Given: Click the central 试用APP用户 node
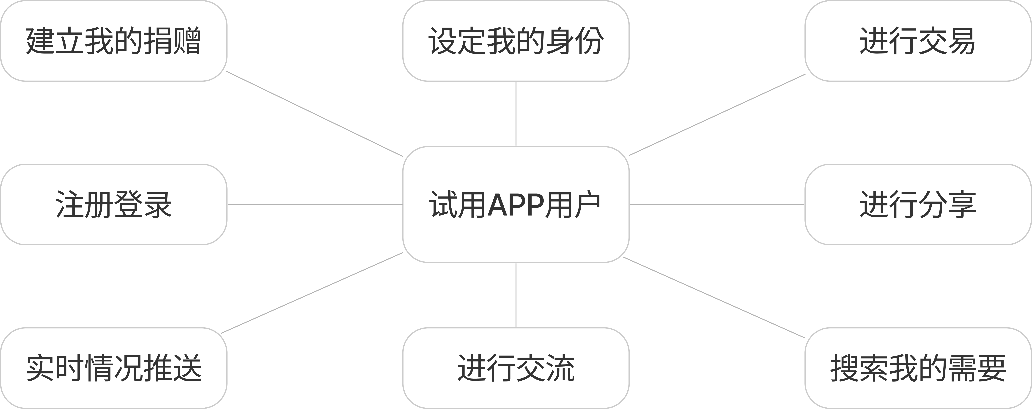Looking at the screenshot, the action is [516, 204].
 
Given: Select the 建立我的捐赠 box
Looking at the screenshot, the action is [114, 41].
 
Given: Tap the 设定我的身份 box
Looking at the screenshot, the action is [516, 41].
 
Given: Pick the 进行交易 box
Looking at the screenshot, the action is [918, 41].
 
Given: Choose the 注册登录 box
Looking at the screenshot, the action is [114, 204].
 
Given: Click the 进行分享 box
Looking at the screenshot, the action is [918, 204].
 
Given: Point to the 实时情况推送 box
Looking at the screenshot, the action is [114, 368].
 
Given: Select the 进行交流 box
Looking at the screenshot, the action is [516, 368].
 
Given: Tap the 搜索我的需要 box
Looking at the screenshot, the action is [918, 368].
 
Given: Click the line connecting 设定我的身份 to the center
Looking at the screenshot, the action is [516, 114].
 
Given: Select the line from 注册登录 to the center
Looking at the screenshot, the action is [315, 204].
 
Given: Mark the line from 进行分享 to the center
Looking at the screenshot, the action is [717, 204].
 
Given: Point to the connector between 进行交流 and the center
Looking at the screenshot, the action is [516, 295].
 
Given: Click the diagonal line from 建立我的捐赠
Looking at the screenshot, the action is [315, 114].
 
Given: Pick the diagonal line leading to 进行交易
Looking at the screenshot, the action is [717, 115].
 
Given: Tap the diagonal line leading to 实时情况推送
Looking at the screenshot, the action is [312, 293].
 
